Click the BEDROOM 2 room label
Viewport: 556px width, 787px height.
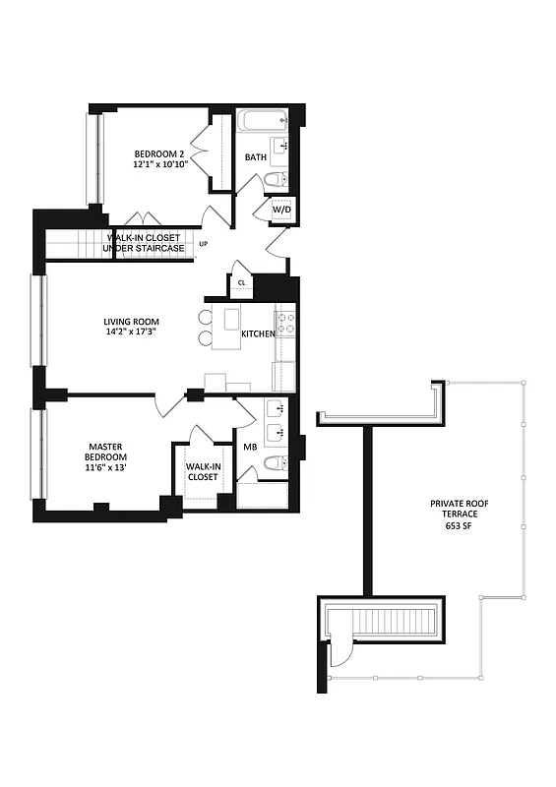[x=159, y=154]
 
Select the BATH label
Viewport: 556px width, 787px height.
[x=256, y=157]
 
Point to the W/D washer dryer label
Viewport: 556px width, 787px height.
[x=281, y=210]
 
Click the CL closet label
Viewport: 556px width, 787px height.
[x=241, y=283]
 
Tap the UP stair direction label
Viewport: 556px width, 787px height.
[x=204, y=243]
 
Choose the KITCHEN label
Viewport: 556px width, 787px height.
[x=258, y=334]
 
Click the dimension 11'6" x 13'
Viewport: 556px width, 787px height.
[x=103, y=469]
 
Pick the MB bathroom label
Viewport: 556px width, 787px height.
[x=250, y=448]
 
